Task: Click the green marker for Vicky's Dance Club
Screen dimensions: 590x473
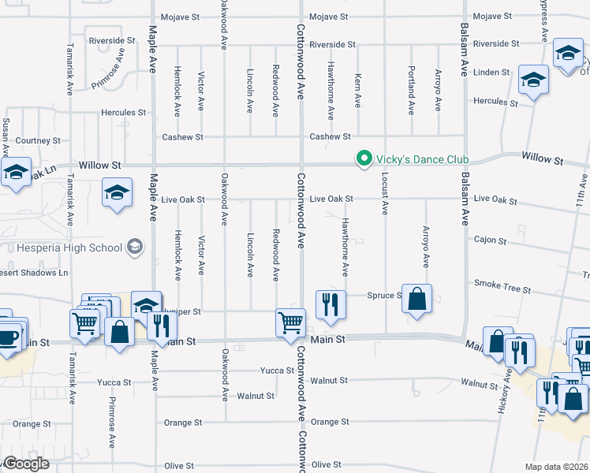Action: point(364,159)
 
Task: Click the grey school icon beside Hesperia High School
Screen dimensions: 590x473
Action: point(135,248)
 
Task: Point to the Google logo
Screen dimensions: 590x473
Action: point(25,464)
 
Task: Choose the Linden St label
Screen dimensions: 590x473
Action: point(491,73)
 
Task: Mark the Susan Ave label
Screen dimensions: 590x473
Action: point(6,137)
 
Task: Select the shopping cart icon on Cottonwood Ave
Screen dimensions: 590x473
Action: point(290,322)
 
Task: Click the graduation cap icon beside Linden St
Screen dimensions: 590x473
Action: point(533,80)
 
